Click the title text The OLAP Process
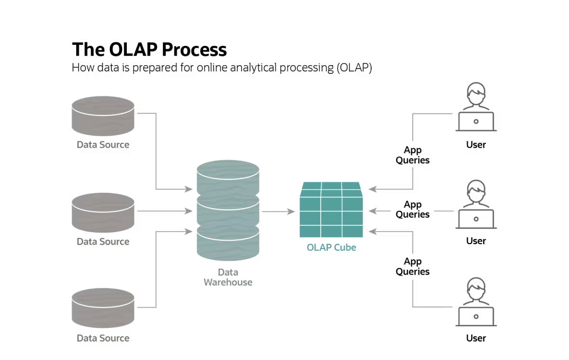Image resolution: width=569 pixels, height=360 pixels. [149, 50]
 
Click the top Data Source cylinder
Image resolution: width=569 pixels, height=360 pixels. [103, 116]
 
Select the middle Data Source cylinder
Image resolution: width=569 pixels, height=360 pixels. [103, 212]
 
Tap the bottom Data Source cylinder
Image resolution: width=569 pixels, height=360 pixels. [103, 308]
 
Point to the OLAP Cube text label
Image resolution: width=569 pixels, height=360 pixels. [331, 248]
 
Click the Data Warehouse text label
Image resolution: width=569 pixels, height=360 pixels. [228, 277]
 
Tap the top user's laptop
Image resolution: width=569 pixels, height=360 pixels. [476, 121]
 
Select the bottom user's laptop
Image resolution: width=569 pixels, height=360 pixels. [476, 316]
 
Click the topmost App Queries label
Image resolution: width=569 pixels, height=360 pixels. [413, 155]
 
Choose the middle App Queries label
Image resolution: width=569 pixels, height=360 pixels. [413, 209]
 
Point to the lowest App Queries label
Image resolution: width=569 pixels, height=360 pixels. [413, 266]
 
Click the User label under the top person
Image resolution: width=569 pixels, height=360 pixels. [476, 145]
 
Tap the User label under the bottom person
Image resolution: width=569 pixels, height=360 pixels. [476, 338]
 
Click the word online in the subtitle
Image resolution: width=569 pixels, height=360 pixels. [212, 68]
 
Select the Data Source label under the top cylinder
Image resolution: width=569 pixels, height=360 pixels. [103, 145]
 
